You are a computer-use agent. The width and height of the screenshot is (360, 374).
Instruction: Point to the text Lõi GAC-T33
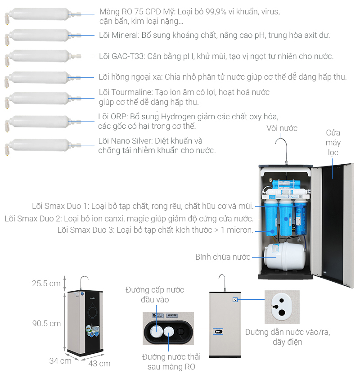[121, 56]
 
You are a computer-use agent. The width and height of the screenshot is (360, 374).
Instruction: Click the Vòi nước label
[282, 128]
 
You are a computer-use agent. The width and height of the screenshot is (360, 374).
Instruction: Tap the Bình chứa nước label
[223, 257]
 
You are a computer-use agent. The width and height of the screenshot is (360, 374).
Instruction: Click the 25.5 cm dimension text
[46, 284]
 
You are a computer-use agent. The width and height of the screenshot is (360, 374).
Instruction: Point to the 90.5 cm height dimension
[46, 323]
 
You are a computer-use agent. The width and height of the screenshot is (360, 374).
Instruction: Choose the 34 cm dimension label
[60, 360]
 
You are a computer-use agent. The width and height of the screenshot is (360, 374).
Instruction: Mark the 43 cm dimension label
[99, 363]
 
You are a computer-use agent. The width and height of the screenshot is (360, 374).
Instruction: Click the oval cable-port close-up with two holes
[282, 307]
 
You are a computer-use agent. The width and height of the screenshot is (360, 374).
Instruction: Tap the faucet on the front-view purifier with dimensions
[83, 283]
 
